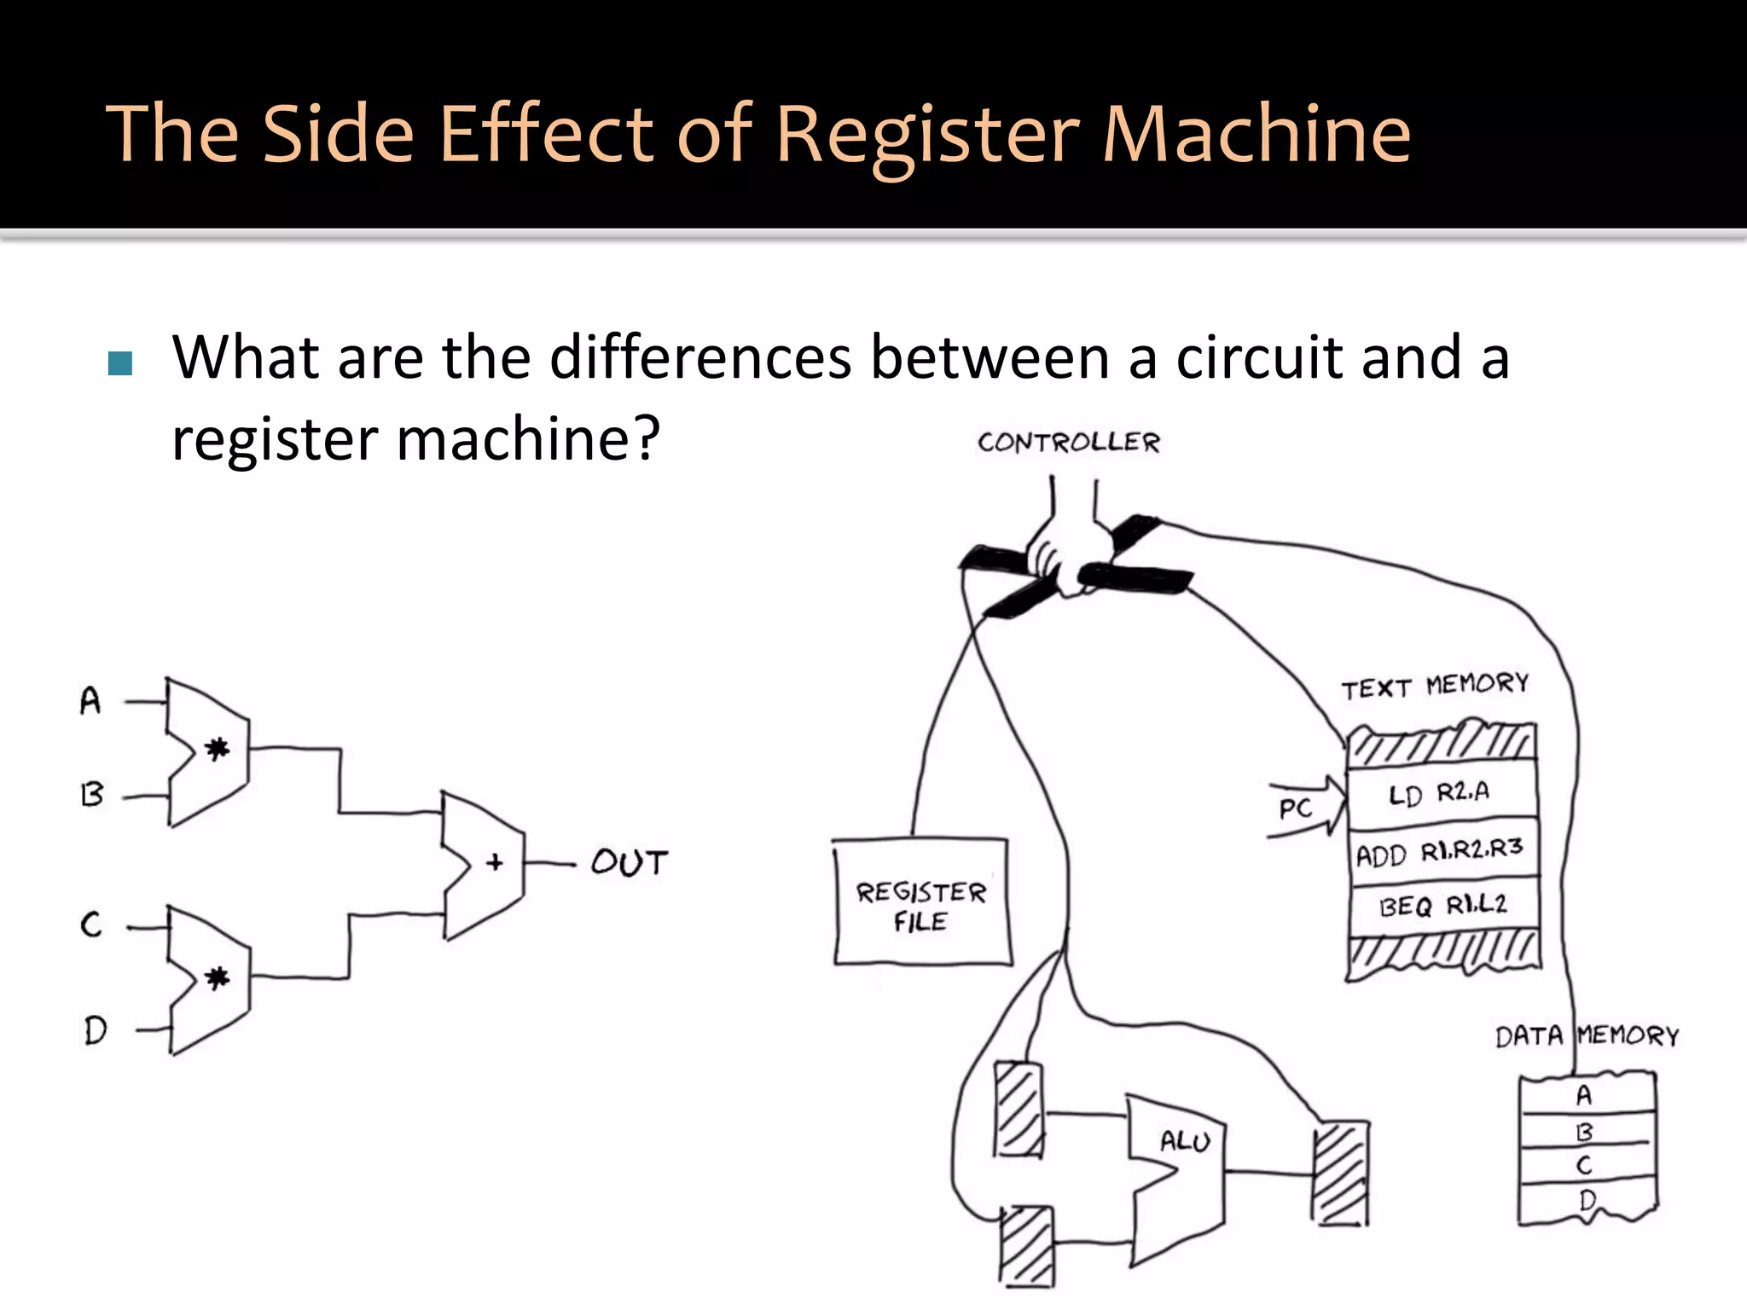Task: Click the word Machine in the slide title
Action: click(1256, 134)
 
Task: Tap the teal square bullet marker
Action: click(120, 364)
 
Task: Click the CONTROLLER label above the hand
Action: click(1069, 443)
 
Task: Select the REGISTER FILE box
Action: click(921, 903)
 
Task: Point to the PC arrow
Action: click(1305, 807)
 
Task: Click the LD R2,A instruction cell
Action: click(1440, 794)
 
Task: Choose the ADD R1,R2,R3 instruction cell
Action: click(1440, 852)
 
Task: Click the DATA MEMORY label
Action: click(1587, 1036)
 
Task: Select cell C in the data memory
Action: click(1585, 1165)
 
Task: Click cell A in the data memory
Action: click(1585, 1095)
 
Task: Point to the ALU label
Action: click(1185, 1141)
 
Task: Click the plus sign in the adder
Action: click(495, 863)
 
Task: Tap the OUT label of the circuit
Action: click(630, 863)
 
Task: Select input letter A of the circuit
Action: click(90, 701)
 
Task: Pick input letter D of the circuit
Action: click(96, 1030)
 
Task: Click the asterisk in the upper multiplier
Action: click(218, 750)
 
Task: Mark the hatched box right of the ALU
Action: click(1341, 1174)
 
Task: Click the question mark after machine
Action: click(646, 438)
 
